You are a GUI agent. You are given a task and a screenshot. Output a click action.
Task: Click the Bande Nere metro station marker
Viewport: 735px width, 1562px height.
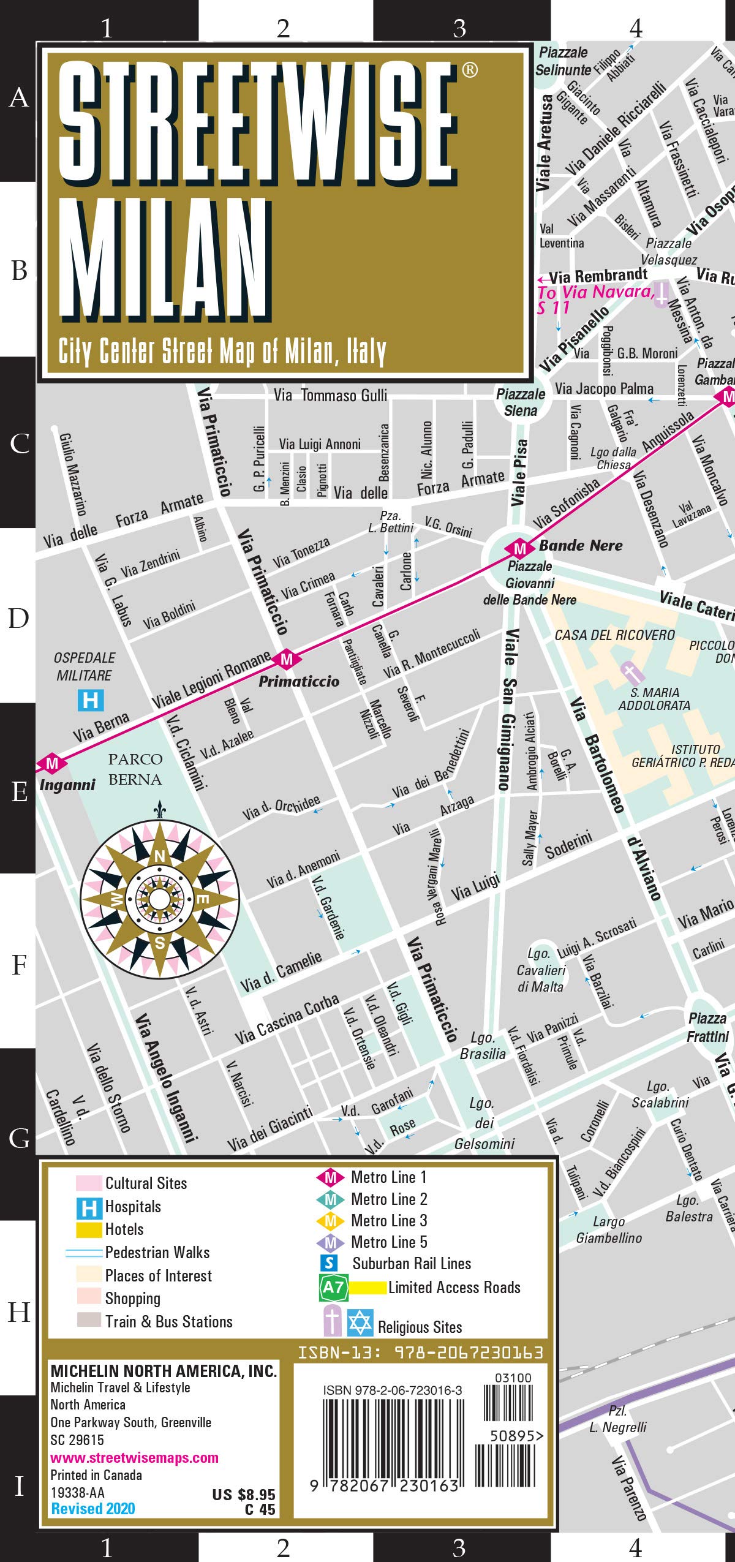point(519,548)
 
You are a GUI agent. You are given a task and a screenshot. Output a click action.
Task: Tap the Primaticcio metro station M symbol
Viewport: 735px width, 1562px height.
point(286,660)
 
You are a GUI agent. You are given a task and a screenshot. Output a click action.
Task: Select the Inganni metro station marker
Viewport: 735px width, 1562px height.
point(52,763)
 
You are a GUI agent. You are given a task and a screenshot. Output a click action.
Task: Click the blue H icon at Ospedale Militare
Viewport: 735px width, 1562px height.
point(91,700)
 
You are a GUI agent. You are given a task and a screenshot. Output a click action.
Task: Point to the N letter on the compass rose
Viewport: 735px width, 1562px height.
point(160,856)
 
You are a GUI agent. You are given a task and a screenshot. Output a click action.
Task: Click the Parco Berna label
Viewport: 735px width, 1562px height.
point(135,769)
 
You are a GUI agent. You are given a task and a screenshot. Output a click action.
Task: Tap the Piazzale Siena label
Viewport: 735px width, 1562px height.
point(521,402)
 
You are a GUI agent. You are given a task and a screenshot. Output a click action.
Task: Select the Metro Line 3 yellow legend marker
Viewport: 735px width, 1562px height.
point(330,1221)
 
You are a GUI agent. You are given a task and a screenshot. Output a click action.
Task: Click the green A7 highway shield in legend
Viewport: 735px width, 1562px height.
point(333,1287)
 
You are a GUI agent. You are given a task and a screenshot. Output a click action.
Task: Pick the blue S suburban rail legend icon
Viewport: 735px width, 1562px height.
point(329,1262)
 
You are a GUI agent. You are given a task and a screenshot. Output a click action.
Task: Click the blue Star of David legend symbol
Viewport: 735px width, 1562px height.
point(360,1322)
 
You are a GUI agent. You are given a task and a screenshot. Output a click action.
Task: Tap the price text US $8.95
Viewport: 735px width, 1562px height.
point(243,1495)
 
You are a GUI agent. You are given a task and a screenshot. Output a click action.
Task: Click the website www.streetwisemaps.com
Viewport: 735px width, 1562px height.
point(134,1458)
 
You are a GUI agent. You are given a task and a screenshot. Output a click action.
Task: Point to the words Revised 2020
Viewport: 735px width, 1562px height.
point(93,1509)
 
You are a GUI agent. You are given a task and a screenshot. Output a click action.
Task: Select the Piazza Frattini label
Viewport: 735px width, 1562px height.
point(707,1027)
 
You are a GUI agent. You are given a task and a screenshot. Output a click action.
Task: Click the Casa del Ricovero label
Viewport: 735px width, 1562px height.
point(614,635)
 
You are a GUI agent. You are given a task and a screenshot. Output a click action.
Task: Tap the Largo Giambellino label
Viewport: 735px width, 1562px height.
point(609,1229)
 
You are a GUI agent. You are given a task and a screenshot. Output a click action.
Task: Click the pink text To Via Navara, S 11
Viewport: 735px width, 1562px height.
point(594,300)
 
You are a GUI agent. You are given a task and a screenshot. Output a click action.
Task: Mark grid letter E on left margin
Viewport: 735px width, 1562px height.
point(19,791)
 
